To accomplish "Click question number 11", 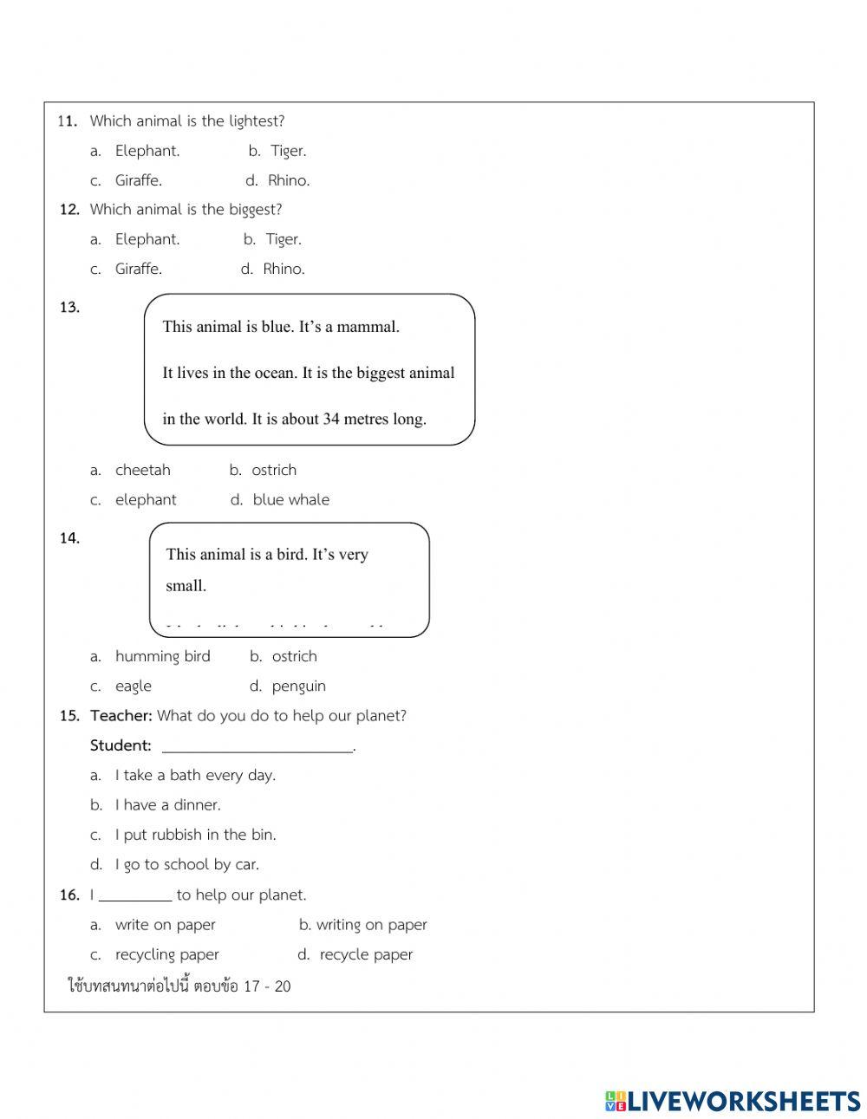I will click(x=68, y=121).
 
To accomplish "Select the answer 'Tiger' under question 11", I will click(x=288, y=151).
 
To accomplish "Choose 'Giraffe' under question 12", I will click(x=138, y=269).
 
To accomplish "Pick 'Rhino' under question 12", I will click(x=284, y=269).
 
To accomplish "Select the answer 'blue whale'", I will click(x=290, y=499).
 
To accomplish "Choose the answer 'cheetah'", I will click(x=142, y=470).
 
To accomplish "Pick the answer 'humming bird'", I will click(x=162, y=656).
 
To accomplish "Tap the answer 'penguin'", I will click(x=298, y=686).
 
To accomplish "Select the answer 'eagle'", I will click(x=133, y=686).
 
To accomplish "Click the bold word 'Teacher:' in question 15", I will click(x=121, y=715).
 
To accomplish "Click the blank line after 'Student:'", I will click(x=257, y=745).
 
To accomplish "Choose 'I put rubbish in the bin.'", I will click(x=195, y=835).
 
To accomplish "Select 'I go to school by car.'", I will click(x=186, y=864).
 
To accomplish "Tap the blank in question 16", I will click(x=135, y=895).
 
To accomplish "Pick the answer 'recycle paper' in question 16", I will click(x=366, y=954).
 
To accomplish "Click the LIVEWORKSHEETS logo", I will click(x=733, y=1101).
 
